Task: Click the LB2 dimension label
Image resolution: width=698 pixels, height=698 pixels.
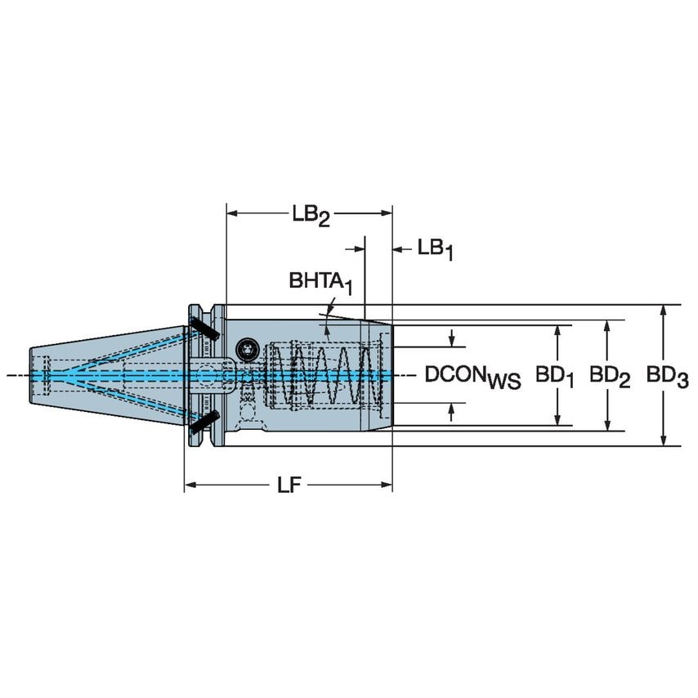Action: tap(311, 215)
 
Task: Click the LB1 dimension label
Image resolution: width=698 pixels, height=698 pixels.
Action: tap(434, 248)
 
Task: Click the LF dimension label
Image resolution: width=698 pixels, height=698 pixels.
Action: tap(288, 485)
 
